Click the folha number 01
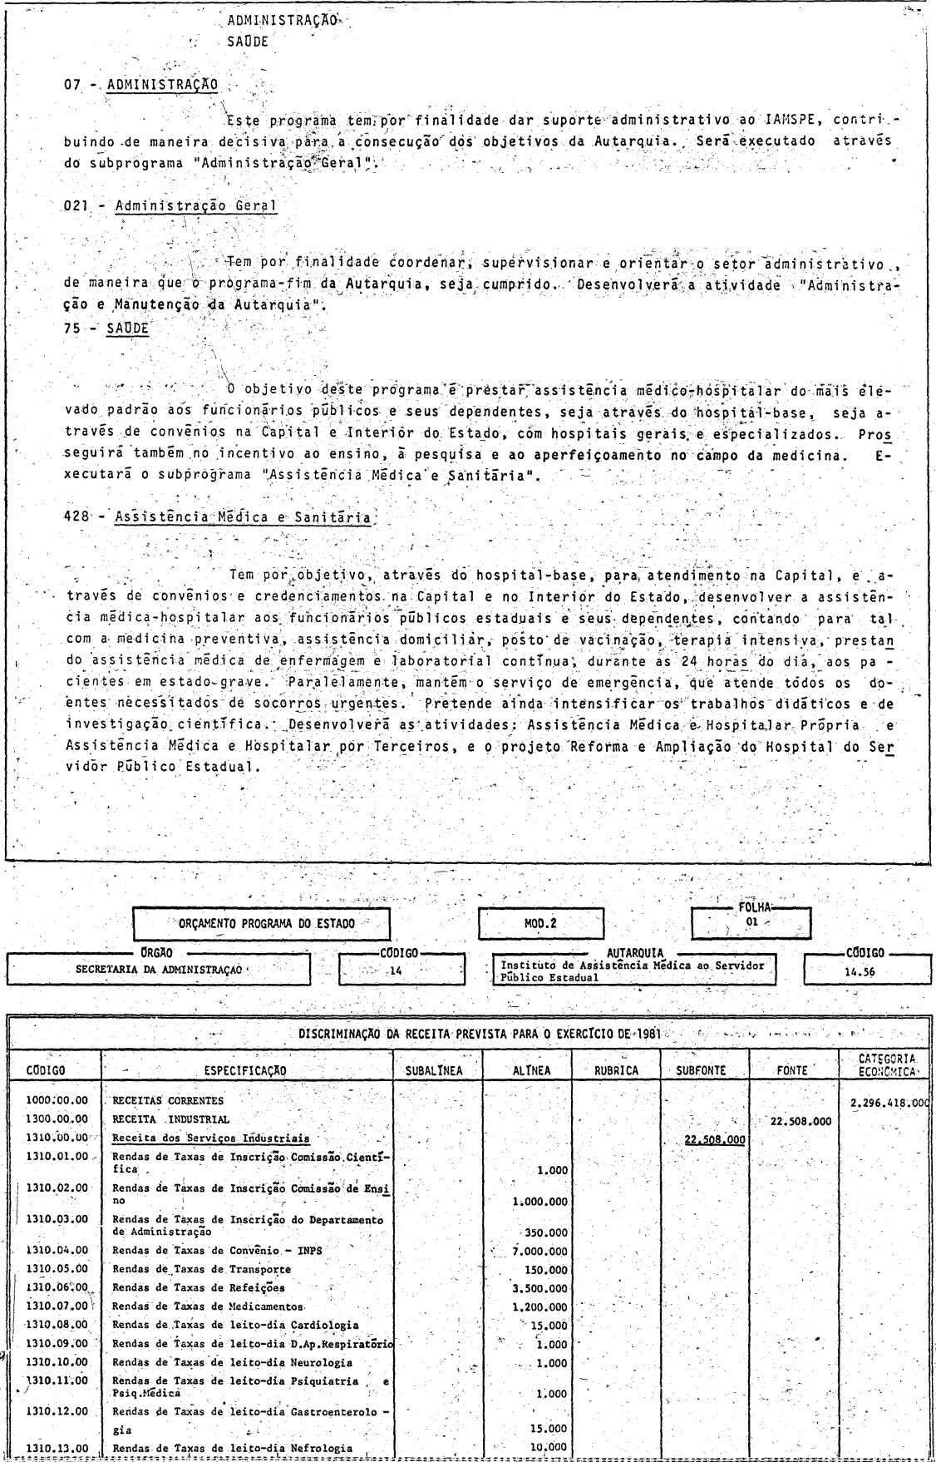click(751, 923)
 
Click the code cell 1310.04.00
click(57, 1250)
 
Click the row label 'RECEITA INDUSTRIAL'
click(171, 1119)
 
